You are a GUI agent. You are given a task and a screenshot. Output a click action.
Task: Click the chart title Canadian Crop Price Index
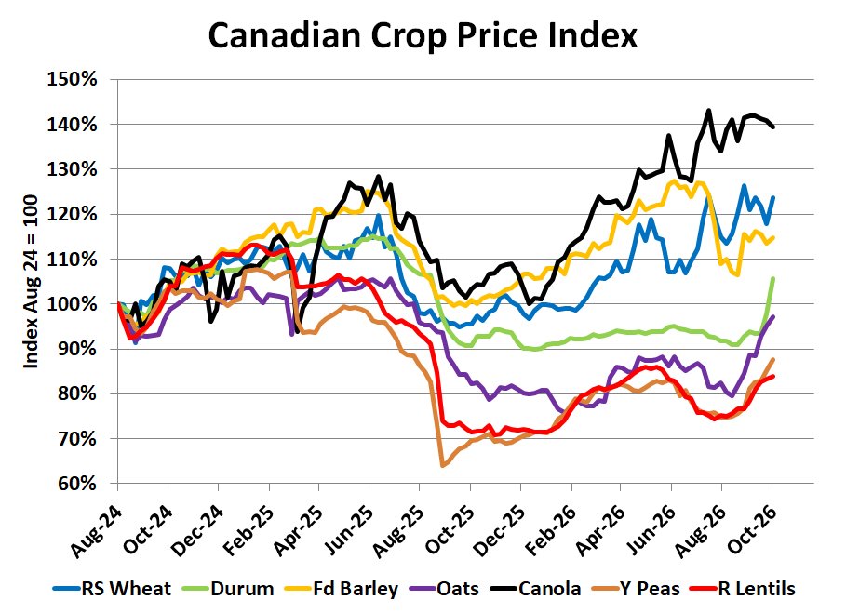click(423, 35)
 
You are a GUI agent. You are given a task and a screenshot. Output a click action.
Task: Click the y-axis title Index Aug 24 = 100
click(32, 282)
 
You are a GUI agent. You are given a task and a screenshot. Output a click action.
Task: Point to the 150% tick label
click(73, 79)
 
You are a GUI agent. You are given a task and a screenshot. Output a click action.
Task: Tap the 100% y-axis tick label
click(73, 304)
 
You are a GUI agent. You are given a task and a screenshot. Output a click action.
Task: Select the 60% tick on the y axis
click(77, 484)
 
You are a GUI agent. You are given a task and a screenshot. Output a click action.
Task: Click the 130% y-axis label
click(73, 169)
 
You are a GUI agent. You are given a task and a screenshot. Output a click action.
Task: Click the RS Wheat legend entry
click(113, 588)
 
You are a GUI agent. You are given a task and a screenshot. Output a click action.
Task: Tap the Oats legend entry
click(444, 588)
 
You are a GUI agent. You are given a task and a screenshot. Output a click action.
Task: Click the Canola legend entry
click(536, 588)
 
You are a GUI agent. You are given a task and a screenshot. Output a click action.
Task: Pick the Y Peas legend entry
click(636, 588)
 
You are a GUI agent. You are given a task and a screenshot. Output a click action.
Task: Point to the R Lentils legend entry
click(743, 588)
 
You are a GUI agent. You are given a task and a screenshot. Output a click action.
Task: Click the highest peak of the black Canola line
click(708, 110)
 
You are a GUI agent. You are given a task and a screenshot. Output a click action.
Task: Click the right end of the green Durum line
click(773, 279)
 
